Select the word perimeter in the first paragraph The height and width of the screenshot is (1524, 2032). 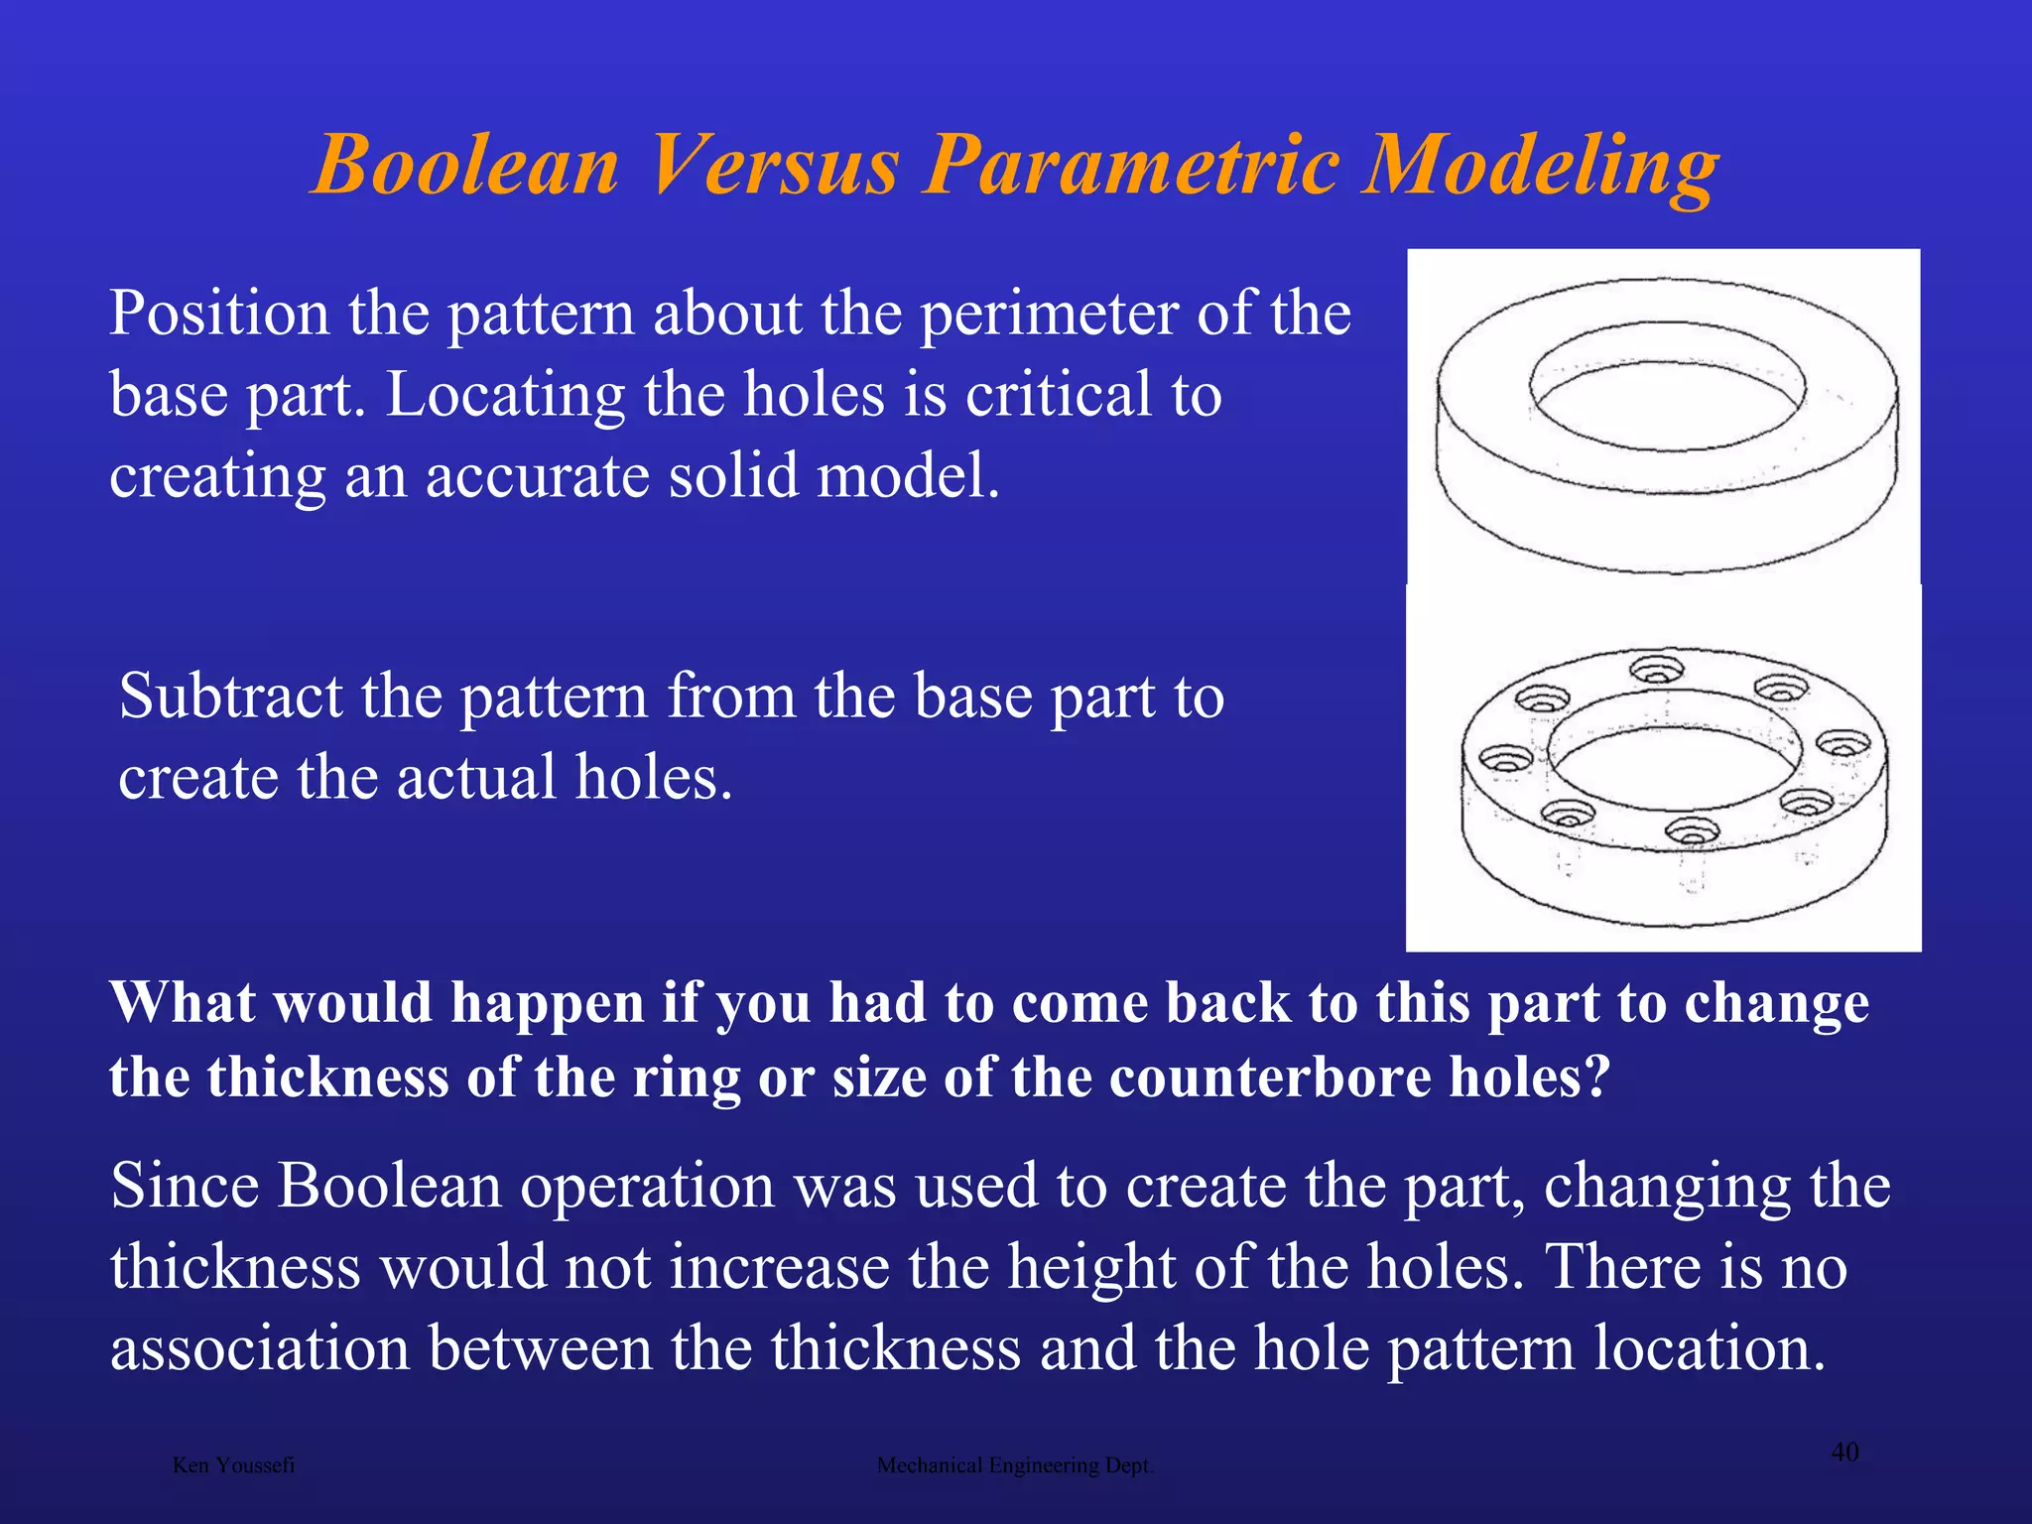pyautogui.click(x=1049, y=316)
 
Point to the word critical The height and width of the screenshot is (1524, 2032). pyautogui.click(x=1059, y=395)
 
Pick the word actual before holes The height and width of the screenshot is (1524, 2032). pyautogui.click(x=476, y=778)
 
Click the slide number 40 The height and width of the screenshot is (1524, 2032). pyautogui.click(x=1844, y=1453)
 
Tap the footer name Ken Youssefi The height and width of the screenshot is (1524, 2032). pyautogui.click(x=233, y=1465)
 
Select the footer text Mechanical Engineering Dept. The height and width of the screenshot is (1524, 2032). pyautogui.click(x=1015, y=1465)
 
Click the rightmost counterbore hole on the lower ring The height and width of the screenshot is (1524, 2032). pyautogui.click(x=1842, y=743)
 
